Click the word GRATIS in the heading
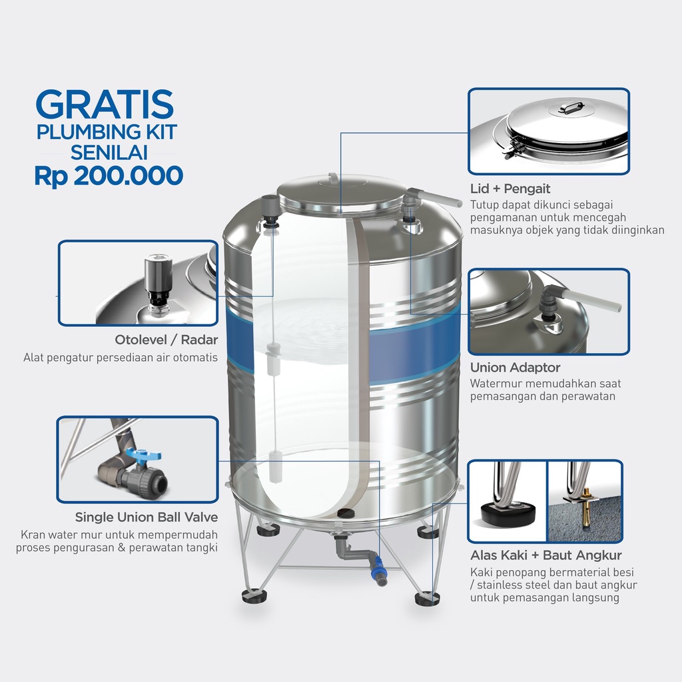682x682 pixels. click(x=105, y=105)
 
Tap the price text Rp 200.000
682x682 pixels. click(x=109, y=175)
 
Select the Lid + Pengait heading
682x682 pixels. click(x=510, y=188)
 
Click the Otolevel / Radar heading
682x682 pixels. click(x=167, y=341)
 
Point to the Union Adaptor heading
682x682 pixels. click(x=515, y=368)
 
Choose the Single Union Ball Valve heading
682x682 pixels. click(x=147, y=517)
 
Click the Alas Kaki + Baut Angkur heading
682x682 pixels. click(x=546, y=555)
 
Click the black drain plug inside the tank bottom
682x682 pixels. click(x=346, y=513)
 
